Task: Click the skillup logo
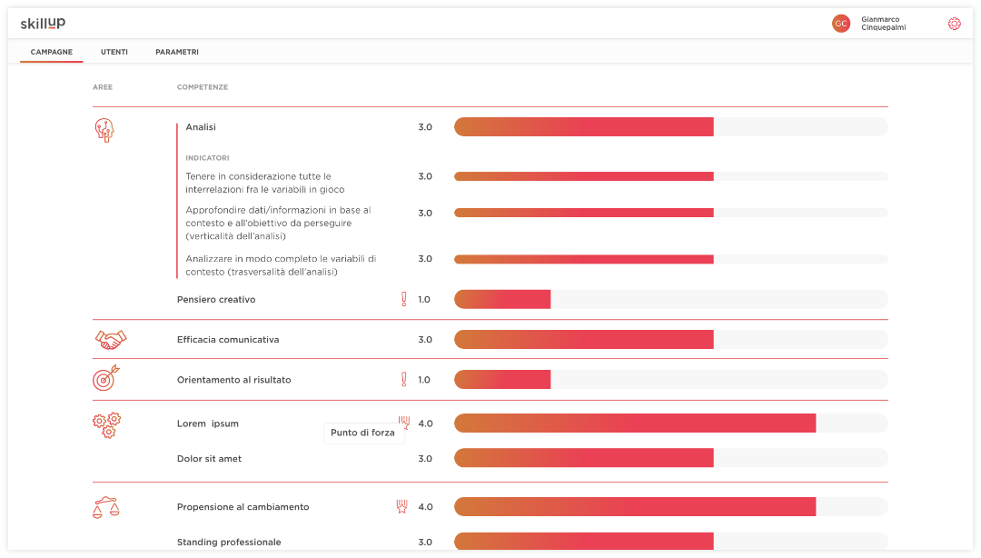(x=43, y=23)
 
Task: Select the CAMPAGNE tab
(x=52, y=52)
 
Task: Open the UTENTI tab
(x=114, y=52)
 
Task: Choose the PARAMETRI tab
(x=177, y=52)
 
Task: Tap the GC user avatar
(x=841, y=24)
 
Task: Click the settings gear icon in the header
(x=954, y=24)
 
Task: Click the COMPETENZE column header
(x=203, y=87)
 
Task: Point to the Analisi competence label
(x=201, y=127)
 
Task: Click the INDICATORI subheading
(x=207, y=158)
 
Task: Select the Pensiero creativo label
(x=216, y=299)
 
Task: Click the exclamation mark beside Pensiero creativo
(x=404, y=299)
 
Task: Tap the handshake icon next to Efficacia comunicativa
(x=111, y=340)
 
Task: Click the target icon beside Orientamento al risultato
(x=105, y=378)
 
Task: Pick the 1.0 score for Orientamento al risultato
(x=424, y=380)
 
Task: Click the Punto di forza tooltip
(x=363, y=433)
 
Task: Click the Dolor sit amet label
(x=209, y=459)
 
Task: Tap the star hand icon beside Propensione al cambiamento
(x=401, y=506)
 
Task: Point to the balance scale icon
(x=105, y=507)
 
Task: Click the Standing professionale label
(x=229, y=543)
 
